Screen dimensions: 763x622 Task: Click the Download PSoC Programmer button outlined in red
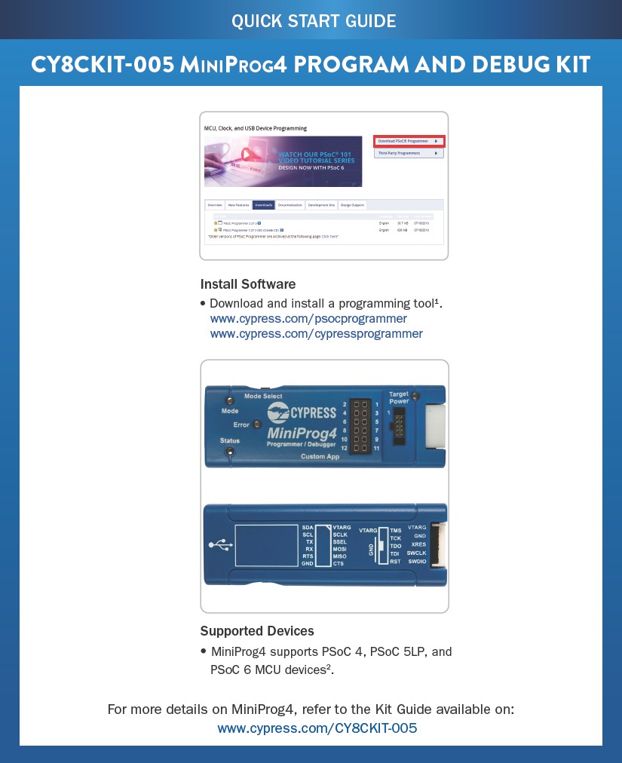click(409, 141)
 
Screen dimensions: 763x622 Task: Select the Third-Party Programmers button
click(409, 153)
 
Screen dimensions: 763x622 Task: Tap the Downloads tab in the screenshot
click(263, 205)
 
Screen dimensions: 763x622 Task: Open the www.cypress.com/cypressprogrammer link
click(316, 333)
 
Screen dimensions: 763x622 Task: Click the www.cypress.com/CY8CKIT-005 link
click(317, 728)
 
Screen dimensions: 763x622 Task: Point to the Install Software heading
click(247, 284)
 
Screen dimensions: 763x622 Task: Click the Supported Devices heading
click(257, 631)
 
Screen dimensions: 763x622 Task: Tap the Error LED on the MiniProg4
click(256, 425)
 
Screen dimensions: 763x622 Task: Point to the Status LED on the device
click(230, 452)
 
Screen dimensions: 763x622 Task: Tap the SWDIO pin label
click(416, 562)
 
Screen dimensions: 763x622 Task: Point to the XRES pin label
click(418, 544)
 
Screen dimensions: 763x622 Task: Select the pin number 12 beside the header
click(344, 449)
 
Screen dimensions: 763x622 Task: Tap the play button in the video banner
click(244, 154)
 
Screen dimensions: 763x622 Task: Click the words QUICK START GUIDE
click(313, 20)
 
